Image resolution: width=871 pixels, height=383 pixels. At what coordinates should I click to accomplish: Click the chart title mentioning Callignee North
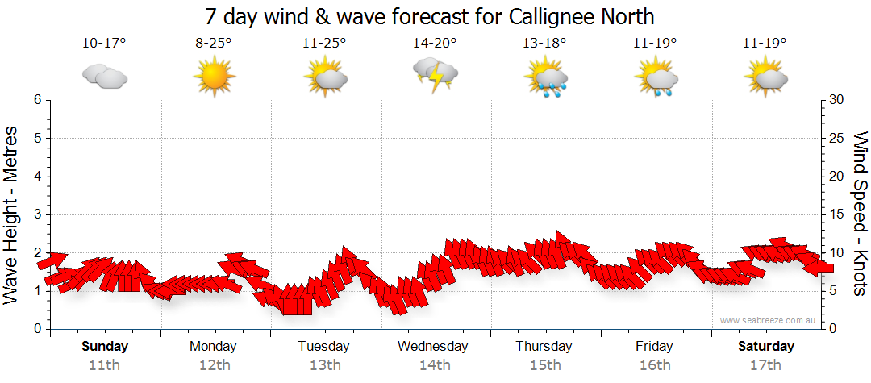pos(429,16)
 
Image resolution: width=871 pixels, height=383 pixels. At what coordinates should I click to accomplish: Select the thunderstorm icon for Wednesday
pos(435,75)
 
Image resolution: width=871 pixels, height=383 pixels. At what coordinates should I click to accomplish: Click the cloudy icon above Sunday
pos(104,77)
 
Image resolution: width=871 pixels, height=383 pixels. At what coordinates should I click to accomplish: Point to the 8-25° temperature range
pos(214,44)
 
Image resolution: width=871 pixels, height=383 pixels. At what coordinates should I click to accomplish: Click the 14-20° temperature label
pos(435,44)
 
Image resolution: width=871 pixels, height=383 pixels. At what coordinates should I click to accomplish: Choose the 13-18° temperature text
pos(545,44)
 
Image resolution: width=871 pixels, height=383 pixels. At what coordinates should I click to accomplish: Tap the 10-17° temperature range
pos(104,44)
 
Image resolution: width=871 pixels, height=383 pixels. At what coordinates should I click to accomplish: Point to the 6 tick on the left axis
pos(37,100)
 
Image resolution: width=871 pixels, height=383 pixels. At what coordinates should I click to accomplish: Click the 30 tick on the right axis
pos(837,100)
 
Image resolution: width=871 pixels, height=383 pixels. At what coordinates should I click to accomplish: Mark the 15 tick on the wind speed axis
pos(837,214)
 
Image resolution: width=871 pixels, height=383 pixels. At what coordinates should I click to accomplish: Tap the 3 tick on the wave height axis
pos(37,214)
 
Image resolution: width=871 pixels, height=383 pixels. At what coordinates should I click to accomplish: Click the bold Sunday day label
pos(105,347)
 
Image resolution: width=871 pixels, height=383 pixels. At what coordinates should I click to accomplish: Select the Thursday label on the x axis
pos(544,347)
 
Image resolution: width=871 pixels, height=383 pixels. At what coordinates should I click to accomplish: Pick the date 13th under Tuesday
pos(324,365)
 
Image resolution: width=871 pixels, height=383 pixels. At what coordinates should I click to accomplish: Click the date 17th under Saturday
pos(766,365)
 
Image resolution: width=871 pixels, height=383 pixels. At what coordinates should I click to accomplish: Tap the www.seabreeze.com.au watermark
pos(769,320)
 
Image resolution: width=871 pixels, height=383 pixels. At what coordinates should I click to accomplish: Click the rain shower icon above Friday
pos(656,79)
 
